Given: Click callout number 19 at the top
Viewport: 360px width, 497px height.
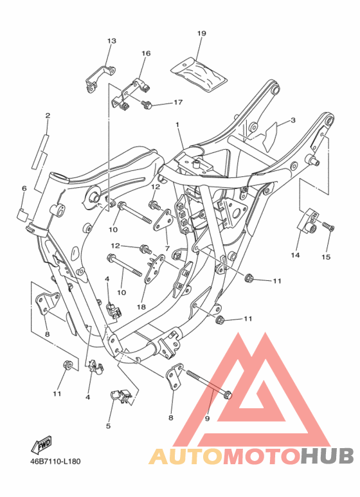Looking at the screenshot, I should pos(201,33).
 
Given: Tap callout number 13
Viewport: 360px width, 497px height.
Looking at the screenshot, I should pos(111,41).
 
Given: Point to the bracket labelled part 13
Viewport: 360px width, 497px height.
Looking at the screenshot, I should pos(100,77).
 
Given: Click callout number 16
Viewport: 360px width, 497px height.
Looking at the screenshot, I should pos(145,53).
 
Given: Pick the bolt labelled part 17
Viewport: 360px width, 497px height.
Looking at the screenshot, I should pos(145,103).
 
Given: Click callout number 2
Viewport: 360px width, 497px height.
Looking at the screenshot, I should pos(48,116).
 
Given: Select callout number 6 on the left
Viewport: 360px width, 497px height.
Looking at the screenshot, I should pos(24,188).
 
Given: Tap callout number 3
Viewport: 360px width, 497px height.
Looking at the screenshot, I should pos(292,120).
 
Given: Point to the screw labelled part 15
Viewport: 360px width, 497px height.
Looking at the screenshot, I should pos(327,226).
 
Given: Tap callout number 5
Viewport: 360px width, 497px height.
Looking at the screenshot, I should pos(108,425).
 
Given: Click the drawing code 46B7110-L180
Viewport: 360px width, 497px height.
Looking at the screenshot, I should pos(55,462).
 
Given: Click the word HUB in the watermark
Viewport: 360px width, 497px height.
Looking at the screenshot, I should pos(327,456).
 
